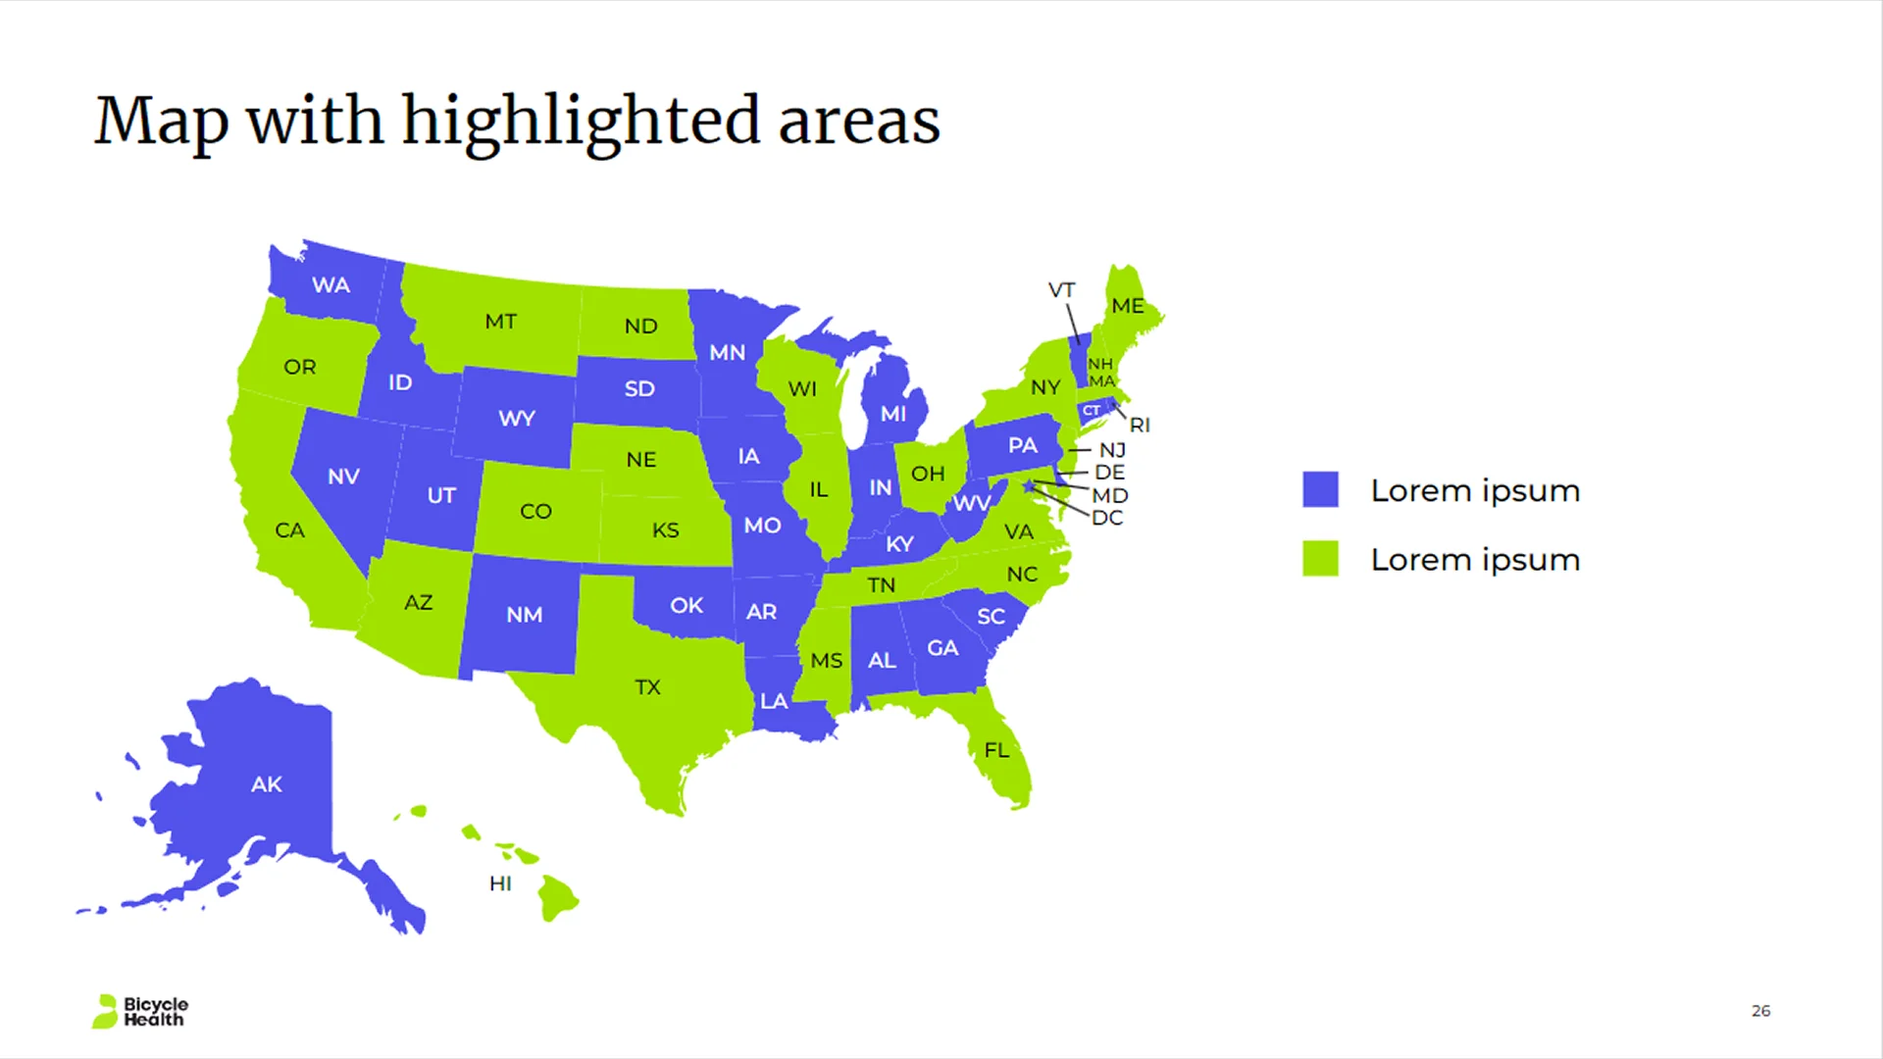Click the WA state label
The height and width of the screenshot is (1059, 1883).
pos(331,285)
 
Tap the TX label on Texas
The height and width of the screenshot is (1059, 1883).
pos(647,687)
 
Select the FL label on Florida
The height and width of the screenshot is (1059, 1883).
pos(996,750)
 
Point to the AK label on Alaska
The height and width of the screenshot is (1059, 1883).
pos(266,784)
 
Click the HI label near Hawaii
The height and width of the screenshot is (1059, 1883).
pos(500,883)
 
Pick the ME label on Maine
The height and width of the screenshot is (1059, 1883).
pos(1128,306)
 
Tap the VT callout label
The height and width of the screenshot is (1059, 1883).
pos(1061,290)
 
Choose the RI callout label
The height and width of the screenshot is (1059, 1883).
pos(1140,426)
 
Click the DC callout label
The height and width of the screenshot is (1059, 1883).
pos(1107,518)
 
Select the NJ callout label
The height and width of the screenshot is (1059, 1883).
pos(1112,450)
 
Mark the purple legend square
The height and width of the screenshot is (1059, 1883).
pos(1320,489)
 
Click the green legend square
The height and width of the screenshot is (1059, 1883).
pos(1320,559)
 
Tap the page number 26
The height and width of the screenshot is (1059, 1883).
pos(1760,1010)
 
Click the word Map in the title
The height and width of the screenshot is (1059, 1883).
pos(161,122)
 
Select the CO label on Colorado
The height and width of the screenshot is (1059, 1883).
pos(535,512)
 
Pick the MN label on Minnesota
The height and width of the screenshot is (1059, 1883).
pos(727,353)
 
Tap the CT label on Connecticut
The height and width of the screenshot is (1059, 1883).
pos(1092,411)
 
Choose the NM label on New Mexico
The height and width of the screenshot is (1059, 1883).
pos(524,615)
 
